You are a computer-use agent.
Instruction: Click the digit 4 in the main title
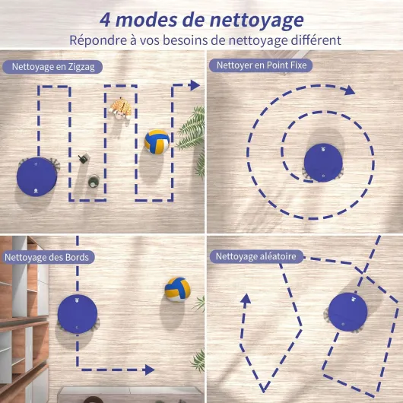(x=105, y=20)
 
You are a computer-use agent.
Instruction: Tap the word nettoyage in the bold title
(x=257, y=21)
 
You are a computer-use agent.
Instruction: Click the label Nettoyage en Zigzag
(x=52, y=67)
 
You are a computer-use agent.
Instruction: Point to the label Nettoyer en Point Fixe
(x=261, y=65)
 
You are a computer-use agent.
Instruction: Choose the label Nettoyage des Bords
(x=48, y=257)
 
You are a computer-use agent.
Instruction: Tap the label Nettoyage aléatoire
(x=256, y=256)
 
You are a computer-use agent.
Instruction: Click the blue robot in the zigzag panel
(x=36, y=177)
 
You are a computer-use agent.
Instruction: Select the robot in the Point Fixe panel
(x=323, y=163)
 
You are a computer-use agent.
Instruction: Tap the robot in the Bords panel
(x=78, y=314)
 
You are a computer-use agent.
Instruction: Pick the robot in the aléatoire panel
(x=347, y=312)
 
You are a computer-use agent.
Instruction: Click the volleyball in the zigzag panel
(x=157, y=142)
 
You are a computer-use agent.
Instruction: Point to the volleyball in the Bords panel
(x=178, y=289)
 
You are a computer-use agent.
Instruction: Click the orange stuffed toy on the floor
(x=120, y=109)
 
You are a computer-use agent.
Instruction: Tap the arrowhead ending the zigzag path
(x=195, y=85)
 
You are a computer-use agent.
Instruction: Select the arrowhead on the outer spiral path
(x=350, y=90)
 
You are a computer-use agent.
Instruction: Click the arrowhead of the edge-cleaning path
(x=150, y=370)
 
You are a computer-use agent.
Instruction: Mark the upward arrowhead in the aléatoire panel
(x=246, y=299)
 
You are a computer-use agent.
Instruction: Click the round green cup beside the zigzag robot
(x=94, y=181)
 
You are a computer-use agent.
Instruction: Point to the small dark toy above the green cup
(x=84, y=158)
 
